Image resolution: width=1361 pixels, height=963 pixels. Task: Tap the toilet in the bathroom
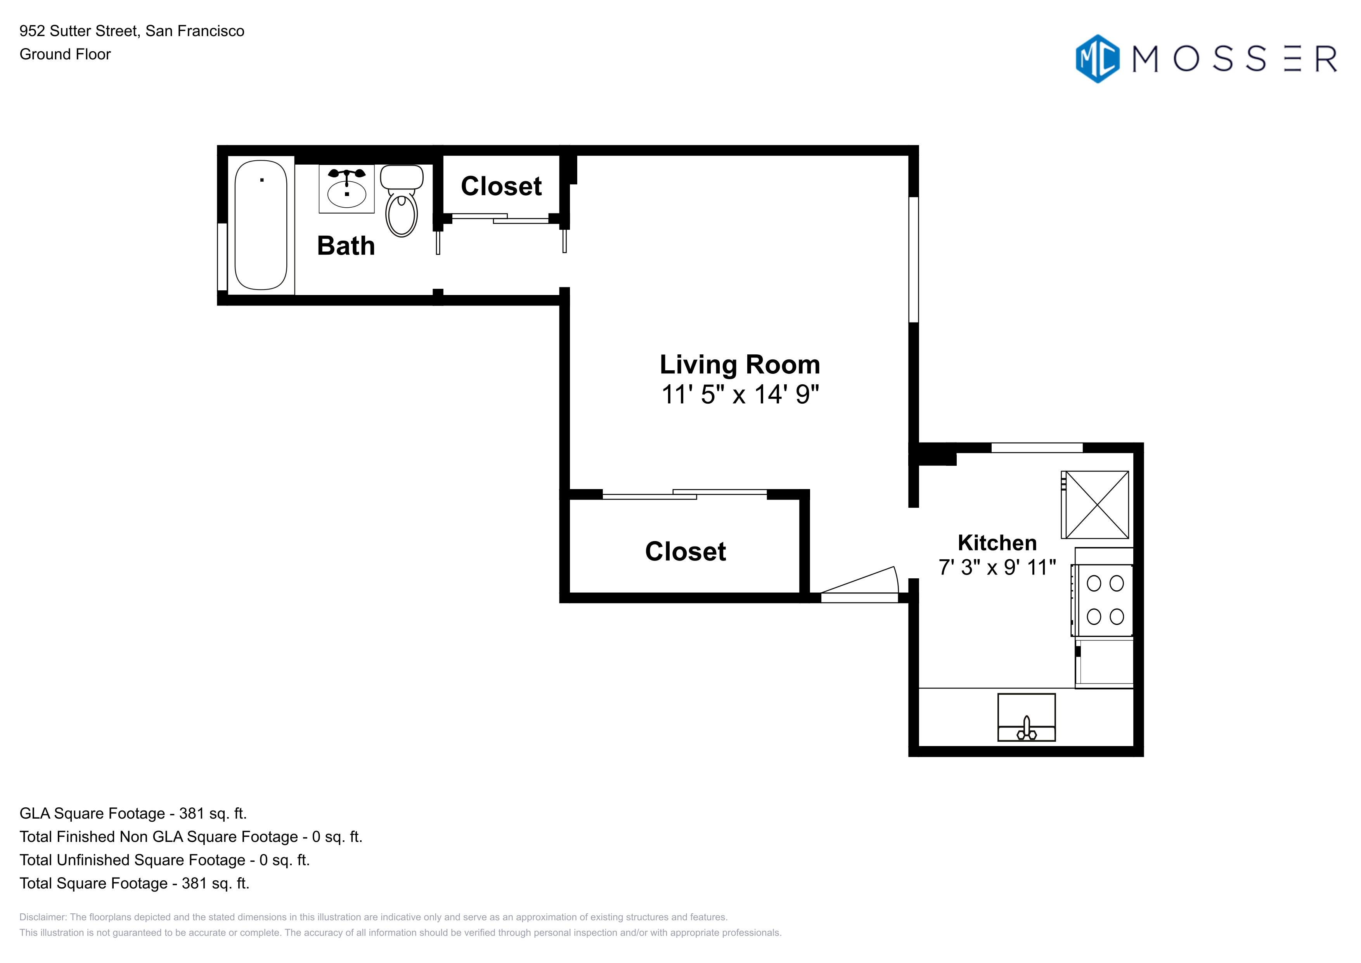pos(402,200)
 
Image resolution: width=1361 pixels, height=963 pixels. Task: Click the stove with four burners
pos(1103,600)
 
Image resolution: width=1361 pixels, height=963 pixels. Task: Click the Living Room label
pos(740,365)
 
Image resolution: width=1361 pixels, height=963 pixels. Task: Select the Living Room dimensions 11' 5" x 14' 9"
pos(740,394)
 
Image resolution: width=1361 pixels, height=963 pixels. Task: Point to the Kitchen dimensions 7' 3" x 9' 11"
pos(997,567)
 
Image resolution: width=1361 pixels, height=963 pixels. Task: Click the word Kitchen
pos(997,543)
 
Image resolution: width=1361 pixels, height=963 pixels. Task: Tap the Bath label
pos(346,245)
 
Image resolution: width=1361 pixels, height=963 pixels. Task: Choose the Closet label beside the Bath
pos(502,186)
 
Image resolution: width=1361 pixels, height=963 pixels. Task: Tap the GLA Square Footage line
pos(133,814)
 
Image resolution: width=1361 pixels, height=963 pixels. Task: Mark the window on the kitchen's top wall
pos(1037,448)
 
